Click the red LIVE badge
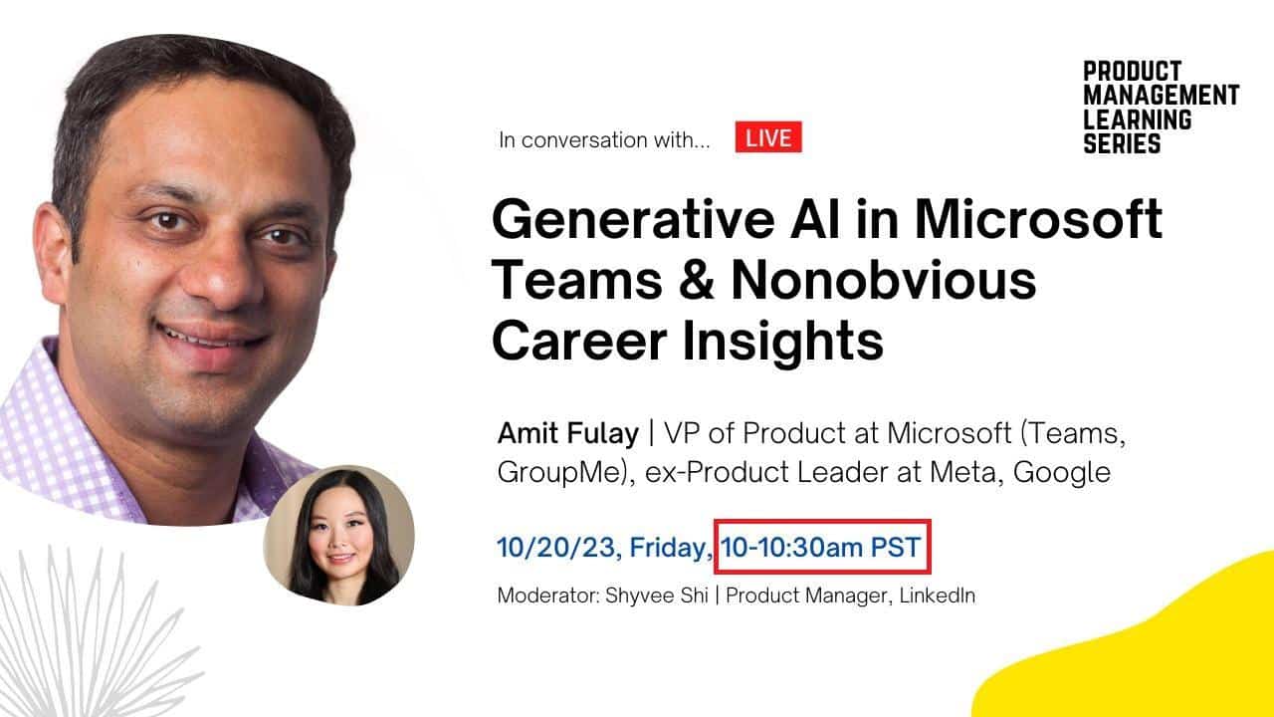[768, 138]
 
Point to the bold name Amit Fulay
[568, 434]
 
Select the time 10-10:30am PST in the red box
[821, 546]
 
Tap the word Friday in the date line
[670, 546]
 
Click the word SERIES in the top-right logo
[1122, 143]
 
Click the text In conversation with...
[604, 140]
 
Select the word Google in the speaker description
[1061, 472]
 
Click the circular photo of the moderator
[338, 536]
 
